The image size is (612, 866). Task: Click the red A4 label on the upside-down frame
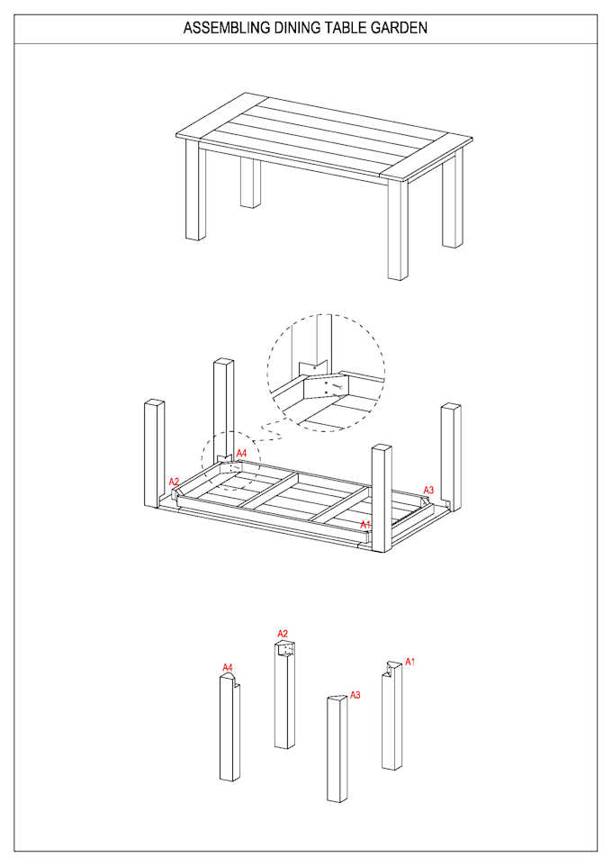click(241, 453)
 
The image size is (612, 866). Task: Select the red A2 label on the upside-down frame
click(174, 482)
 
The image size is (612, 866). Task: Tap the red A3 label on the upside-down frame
click(429, 490)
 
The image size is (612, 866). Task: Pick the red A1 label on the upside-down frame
click(365, 524)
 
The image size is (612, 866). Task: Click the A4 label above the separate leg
click(228, 667)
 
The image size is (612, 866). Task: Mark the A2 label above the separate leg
click(283, 634)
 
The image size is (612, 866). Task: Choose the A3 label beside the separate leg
click(355, 695)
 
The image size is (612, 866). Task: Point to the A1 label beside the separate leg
click(410, 662)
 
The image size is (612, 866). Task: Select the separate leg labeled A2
click(284, 698)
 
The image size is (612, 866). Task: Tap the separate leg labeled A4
click(229, 729)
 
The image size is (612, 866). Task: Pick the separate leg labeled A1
click(391, 720)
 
